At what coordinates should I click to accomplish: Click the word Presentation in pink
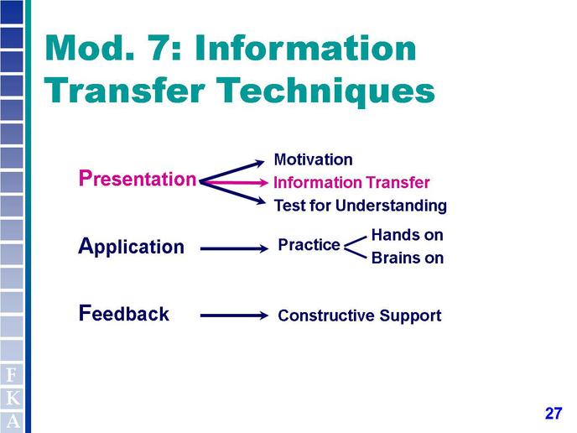pyautogui.click(x=138, y=179)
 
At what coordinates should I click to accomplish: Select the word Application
pyautogui.click(x=131, y=247)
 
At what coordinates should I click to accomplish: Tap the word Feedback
pyautogui.click(x=124, y=313)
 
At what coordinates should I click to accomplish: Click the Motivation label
pyautogui.click(x=313, y=159)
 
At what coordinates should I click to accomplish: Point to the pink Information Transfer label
pyautogui.click(x=351, y=183)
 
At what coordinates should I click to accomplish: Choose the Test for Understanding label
pyautogui.click(x=361, y=206)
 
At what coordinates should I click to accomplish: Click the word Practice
pyautogui.click(x=309, y=245)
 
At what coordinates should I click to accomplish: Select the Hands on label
pyautogui.click(x=408, y=235)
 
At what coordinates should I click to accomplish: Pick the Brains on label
pyautogui.click(x=408, y=258)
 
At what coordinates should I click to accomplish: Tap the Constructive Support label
pyautogui.click(x=360, y=316)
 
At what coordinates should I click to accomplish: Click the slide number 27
pyautogui.click(x=554, y=414)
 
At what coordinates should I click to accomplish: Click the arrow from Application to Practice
pyautogui.click(x=234, y=249)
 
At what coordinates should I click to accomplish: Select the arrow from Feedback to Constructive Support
pyautogui.click(x=234, y=316)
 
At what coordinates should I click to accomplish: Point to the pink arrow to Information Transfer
pyautogui.click(x=235, y=182)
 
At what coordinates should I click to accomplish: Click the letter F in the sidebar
pyautogui.click(x=12, y=375)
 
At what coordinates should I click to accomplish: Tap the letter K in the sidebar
pyautogui.click(x=13, y=398)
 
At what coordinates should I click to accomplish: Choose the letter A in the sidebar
pyautogui.click(x=13, y=421)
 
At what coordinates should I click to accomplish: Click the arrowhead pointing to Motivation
pyautogui.click(x=260, y=163)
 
